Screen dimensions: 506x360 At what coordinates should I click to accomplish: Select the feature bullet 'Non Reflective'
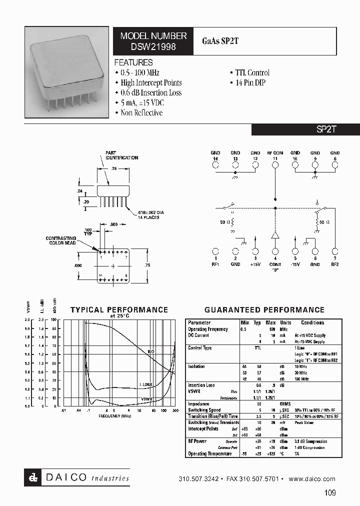click(141, 113)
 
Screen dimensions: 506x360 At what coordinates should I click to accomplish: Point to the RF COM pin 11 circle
click(275, 164)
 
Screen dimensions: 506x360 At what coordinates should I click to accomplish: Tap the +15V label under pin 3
click(255, 264)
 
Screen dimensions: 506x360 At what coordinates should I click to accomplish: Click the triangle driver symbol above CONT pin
click(275, 236)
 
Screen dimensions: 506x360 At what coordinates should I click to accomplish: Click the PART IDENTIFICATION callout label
click(121, 155)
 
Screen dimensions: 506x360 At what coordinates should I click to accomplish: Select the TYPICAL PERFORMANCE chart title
click(119, 310)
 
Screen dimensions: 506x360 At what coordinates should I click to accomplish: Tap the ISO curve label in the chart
click(150, 351)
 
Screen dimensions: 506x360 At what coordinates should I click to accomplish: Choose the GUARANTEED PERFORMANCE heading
click(264, 310)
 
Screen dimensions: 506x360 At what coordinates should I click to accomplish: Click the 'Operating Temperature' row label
click(209, 454)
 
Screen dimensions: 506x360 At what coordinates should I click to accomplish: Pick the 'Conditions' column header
click(312, 323)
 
